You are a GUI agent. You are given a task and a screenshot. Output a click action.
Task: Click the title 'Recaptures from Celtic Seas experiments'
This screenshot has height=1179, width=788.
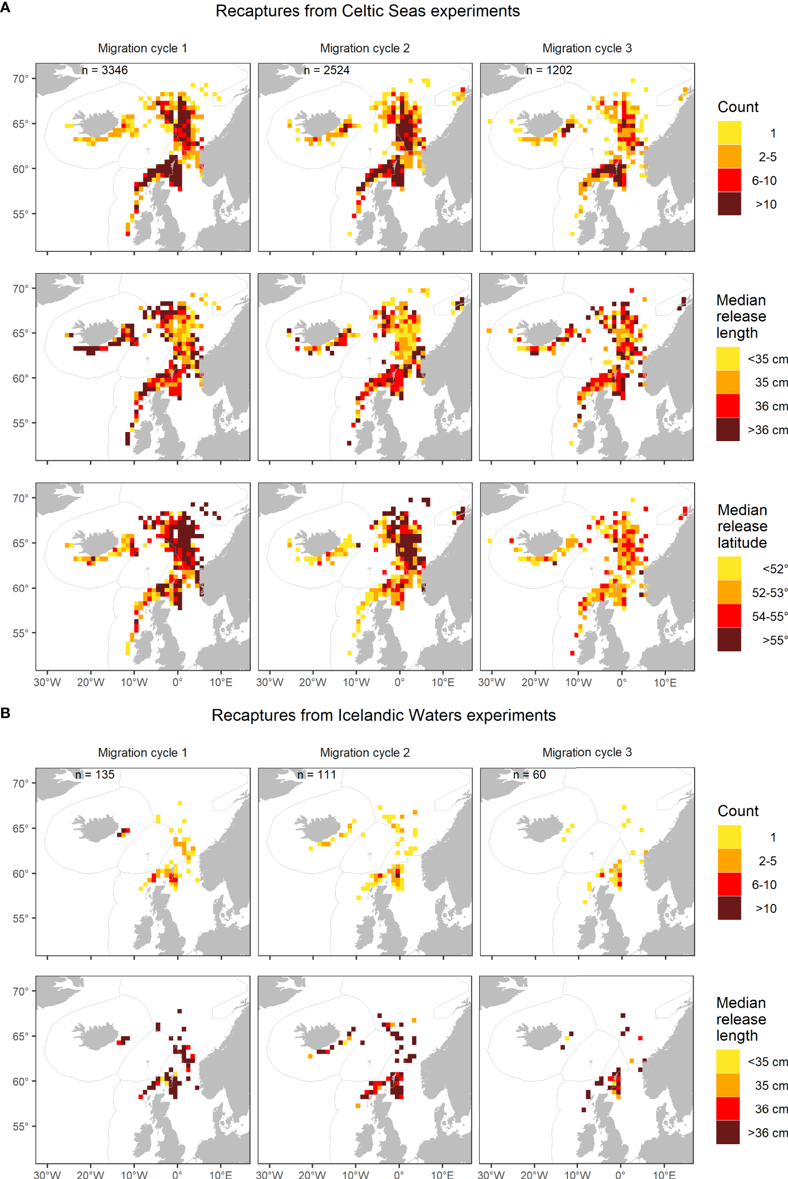pyautogui.click(x=367, y=11)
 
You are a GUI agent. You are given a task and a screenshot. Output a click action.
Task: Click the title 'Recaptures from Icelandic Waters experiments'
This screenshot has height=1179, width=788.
pyautogui.click(x=383, y=715)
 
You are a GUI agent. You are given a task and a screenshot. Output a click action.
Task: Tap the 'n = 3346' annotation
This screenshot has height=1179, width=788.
pyautogui.click(x=104, y=70)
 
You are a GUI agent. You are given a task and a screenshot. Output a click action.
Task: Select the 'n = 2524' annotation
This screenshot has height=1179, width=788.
pyautogui.click(x=327, y=70)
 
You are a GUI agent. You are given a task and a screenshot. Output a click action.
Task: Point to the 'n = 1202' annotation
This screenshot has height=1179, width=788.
pyautogui.click(x=549, y=70)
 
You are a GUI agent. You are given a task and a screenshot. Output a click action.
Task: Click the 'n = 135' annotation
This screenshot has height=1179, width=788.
pyautogui.click(x=95, y=774)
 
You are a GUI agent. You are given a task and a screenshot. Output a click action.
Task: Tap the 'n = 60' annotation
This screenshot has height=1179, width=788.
pyautogui.click(x=529, y=774)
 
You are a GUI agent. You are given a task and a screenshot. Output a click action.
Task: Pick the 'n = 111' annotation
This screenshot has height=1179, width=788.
pyautogui.click(x=317, y=774)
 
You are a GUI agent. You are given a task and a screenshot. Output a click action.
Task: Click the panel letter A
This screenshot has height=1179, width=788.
pyautogui.click(x=5, y=7)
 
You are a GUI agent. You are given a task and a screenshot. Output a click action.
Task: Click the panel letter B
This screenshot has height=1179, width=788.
pyautogui.click(x=5, y=713)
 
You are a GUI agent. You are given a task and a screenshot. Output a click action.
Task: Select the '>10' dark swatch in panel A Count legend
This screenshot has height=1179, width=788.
pyautogui.click(x=729, y=203)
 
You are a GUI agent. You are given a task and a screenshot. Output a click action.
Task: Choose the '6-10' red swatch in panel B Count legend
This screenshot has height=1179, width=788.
pyautogui.click(x=729, y=884)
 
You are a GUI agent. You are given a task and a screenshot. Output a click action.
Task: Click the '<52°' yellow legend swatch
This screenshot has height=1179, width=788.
pyautogui.click(x=729, y=568)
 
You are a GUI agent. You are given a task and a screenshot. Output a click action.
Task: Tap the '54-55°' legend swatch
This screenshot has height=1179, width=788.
pyautogui.click(x=729, y=616)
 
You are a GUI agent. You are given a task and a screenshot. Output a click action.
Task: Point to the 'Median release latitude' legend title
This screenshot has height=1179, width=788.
pyautogui.click(x=742, y=526)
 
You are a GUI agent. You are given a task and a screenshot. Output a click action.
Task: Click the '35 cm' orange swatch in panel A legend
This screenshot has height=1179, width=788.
pyautogui.click(x=727, y=382)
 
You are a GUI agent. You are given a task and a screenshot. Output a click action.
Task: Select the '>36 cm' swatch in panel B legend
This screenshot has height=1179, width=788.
pyautogui.click(x=727, y=1133)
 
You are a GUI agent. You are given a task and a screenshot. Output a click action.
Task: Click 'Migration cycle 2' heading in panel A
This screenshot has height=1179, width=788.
pyautogui.click(x=364, y=48)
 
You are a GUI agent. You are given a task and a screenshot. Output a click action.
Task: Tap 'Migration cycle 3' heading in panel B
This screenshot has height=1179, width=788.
pyautogui.click(x=587, y=752)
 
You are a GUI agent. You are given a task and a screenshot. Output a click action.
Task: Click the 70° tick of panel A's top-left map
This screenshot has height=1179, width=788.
pyautogui.click(x=20, y=79)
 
